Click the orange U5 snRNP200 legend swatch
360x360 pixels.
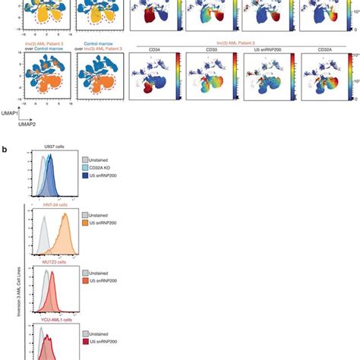click(x=86, y=226)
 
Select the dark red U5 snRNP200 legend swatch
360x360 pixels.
click(x=86, y=346)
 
